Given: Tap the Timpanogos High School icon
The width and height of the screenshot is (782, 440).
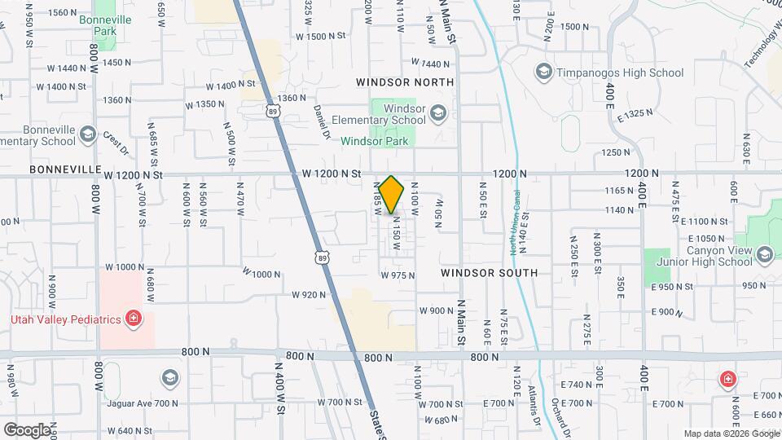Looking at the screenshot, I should coord(543,73).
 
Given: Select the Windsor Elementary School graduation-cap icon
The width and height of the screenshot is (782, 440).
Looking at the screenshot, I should coord(438,113).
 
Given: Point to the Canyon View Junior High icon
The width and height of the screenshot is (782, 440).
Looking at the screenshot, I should coord(764,256).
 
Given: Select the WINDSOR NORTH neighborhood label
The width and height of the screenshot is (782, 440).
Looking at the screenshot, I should coord(405,83).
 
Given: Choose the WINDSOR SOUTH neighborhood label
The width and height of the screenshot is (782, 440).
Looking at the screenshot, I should coord(489,273).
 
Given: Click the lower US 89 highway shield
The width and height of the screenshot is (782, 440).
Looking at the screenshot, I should coord(323,257).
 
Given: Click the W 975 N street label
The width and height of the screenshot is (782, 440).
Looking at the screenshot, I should coord(398,275).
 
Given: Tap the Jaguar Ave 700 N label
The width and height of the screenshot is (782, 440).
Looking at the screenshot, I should coord(142,403).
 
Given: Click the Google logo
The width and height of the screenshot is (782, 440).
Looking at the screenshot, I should coord(27,429).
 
